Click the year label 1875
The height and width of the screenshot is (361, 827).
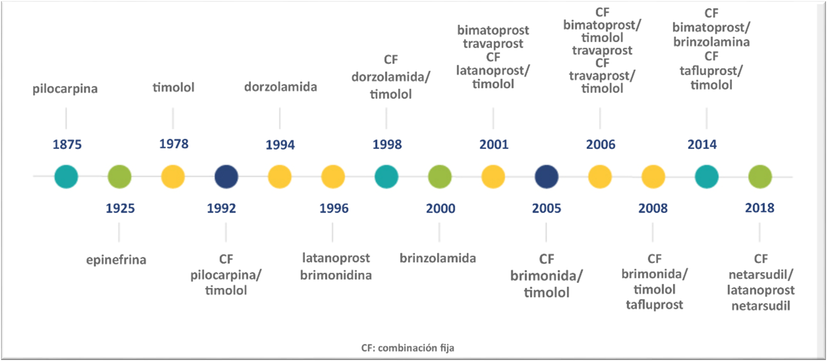(x=67, y=144)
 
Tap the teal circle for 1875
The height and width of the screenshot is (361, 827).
(x=66, y=177)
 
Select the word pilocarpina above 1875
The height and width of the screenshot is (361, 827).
(x=65, y=89)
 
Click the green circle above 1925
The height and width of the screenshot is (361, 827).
(x=119, y=177)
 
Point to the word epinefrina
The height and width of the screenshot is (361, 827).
(x=116, y=260)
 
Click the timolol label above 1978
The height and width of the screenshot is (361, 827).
(x=174, y=87)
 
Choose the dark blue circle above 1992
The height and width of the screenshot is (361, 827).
(x=226, y=177)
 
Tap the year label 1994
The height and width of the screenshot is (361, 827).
(x=280, y=145)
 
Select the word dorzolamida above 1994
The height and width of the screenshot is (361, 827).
(x=281, y=87)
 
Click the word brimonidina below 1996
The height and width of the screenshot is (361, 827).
(x=336, y=275)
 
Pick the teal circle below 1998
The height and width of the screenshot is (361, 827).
(x=386, y=177)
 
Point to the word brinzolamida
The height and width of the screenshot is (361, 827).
(x=438, y=258)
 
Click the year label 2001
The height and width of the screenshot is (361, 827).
(x=494, y=144)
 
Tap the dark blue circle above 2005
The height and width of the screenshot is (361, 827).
(x=547, y=177)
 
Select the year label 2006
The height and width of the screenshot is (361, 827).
(x=601, y=144)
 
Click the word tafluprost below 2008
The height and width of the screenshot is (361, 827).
(x=654, y=305)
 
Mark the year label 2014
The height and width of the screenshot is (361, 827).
(x=702, y=144)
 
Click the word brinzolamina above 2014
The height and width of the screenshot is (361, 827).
(x=711, y=42)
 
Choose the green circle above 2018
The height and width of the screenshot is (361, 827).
(x=760, y=177)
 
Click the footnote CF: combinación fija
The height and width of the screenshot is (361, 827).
(x=408, y=348)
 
